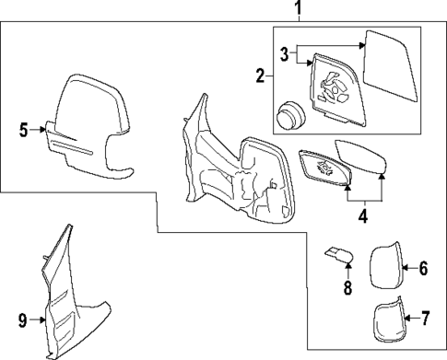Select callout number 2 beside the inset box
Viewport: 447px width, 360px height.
click(261, 74)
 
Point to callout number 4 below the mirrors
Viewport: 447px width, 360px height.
click(363, 217)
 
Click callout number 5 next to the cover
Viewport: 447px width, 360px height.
click(24, 131)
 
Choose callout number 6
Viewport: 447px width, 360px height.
click(423, 269)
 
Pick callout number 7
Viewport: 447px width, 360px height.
click(424, 320)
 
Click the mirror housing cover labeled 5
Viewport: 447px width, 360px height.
click(92, 124)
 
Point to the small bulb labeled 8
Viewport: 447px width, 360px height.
click(337, 253)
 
